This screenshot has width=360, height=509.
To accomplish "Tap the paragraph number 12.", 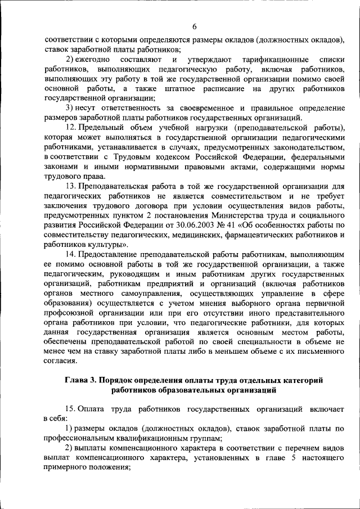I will point(70,128).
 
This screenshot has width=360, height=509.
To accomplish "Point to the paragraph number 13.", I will point(70,186).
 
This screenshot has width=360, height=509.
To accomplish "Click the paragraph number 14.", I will point(70,254).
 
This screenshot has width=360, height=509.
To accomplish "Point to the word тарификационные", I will point(275,59).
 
